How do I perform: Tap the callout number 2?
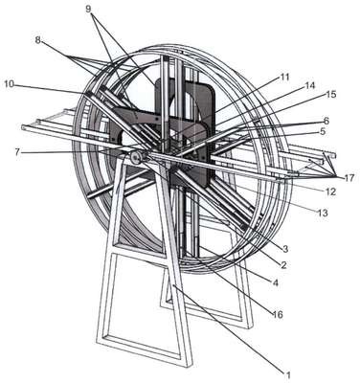[x=283, y=264]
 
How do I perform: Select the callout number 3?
[x=285, y=249]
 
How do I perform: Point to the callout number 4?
[x=275, y=282]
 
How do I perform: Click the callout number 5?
[x=323, y=131]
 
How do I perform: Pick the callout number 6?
[x=326, y=120]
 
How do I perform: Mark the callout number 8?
[x=38, y=40]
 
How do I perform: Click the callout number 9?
[x=88, y=9]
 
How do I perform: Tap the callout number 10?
[x=10, y=84]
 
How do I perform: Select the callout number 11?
[x=284, y=77]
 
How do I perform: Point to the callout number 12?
[x=330, y=191]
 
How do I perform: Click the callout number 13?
[x=323, y=213]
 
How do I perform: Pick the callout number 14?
[x=309, y=85]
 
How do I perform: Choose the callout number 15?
[x=331, y=95]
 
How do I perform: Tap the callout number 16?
[x=277, y=314]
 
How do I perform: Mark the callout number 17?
[x=349, y=178]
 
